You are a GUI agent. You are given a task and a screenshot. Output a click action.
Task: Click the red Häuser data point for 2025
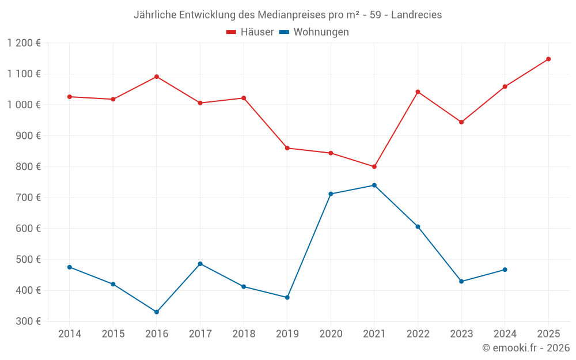(548, 59)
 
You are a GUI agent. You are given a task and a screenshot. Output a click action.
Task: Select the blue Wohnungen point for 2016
(157, 312)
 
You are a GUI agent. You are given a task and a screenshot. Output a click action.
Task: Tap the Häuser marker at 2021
(374, 166)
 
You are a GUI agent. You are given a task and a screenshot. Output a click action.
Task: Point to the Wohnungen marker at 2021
(374, 185)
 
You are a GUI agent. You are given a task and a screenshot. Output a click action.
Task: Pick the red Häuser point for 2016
(157, 77)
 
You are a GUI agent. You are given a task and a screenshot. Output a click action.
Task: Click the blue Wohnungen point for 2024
(505, 270)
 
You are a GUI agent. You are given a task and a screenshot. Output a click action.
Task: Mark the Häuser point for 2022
(418, 92)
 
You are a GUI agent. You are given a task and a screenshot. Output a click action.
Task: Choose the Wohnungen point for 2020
(331, 194)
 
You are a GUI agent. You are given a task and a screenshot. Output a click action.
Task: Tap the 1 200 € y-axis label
(24, 43)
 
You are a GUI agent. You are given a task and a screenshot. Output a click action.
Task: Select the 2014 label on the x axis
(70, 334)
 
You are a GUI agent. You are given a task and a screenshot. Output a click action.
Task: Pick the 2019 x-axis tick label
(287, 334)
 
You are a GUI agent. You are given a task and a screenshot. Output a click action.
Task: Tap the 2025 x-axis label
(548, 334)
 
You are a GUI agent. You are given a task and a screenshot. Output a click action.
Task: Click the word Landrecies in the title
(416, 15)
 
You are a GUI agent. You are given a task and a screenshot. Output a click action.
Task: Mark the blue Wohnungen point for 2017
(200, 264)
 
